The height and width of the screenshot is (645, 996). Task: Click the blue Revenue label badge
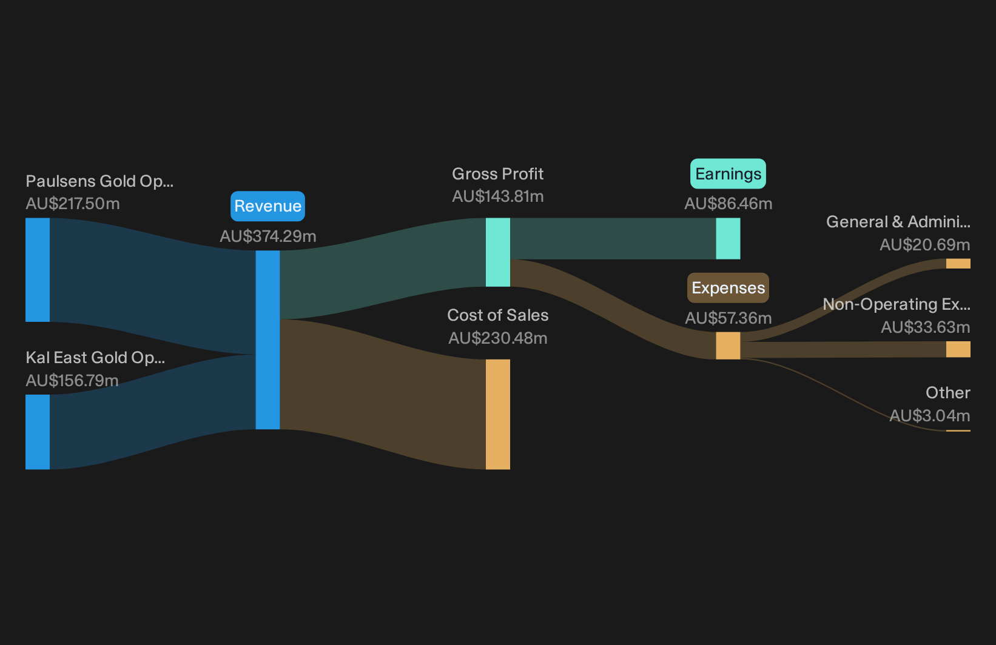click(268, 206)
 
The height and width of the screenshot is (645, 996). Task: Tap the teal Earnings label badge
click(728, 174)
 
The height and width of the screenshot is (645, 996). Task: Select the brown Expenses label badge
click(728, 288)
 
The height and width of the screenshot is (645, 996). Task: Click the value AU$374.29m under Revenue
click(268, 236)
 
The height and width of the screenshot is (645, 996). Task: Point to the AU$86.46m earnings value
click(728, 204)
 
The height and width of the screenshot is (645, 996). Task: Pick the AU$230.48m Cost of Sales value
click(497, 338)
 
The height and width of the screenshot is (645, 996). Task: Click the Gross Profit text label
click(497, 174)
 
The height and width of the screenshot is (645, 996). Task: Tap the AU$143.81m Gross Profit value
click(497, 196)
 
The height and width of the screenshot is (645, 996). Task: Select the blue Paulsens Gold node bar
click(38, 270)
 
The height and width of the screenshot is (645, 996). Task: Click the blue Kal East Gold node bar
click(38, 432)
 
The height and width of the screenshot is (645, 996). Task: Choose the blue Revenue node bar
click(268, 340)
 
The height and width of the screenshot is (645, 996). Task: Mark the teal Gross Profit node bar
click(497, 252)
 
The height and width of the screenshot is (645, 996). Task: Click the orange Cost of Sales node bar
click(497, 414)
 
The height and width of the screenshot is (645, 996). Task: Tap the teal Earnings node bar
click(728, 238)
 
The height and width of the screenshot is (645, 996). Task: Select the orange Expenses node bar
click(728, 346)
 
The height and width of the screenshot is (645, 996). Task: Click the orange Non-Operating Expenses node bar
click(958, 349)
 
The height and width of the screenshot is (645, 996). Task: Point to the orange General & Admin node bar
click(958, 264)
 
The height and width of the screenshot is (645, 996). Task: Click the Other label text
click(948, 393)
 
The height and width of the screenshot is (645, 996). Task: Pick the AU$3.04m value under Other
click(930, 416)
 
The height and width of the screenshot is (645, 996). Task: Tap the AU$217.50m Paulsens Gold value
click(72, 204)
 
